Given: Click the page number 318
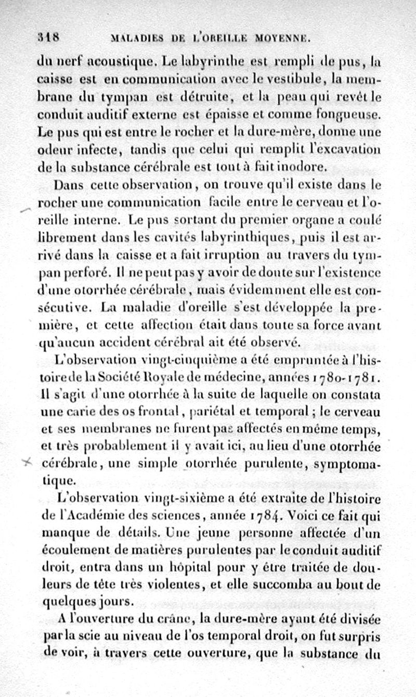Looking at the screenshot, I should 49,37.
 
